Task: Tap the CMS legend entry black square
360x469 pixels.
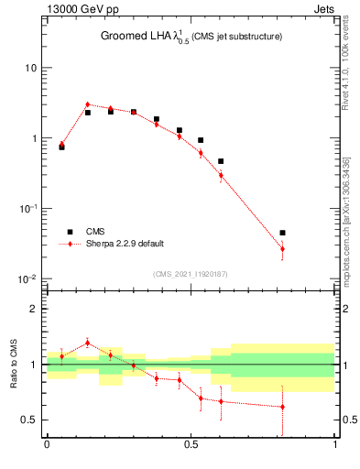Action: coord(70,232)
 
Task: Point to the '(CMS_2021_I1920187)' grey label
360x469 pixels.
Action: coord(191,274)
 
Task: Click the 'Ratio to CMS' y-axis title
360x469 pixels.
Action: coord(13,364)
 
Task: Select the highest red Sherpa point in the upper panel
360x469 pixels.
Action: coord(87,104)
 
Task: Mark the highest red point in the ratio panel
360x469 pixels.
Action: coord(87,343)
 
